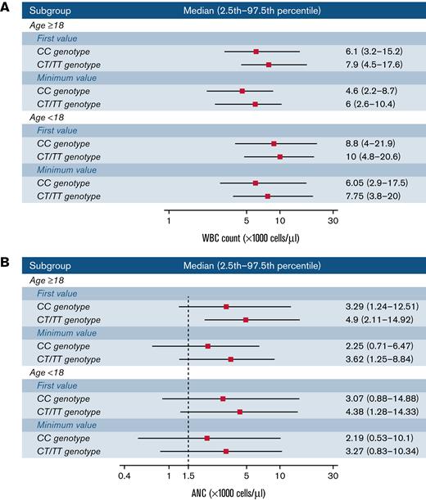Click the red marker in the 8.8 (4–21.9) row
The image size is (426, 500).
pos(274,144)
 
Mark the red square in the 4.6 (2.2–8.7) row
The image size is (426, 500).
pos(242,91)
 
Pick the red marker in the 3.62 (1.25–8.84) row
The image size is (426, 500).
pos(231,359)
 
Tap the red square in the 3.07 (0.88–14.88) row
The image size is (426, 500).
pos(223,399)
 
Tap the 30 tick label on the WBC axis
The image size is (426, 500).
pos(333,220)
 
